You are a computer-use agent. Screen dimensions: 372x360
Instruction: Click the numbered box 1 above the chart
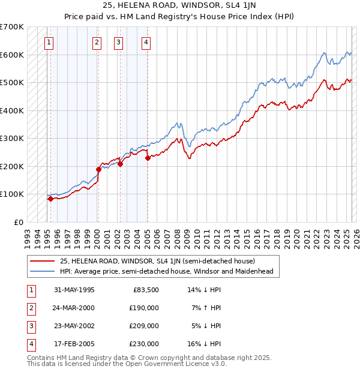pyautogui.click(x=48, y=42)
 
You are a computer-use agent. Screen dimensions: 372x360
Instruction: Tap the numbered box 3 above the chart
pyautogui.click(x=119, y=42)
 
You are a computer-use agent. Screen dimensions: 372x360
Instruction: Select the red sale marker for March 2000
pyautogui.click(x=98, y=169)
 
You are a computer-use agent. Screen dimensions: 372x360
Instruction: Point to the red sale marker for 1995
pyautogui.click(x=50, y=199)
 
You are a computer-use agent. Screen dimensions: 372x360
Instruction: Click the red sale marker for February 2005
pyautogui.click(x=148, y=158)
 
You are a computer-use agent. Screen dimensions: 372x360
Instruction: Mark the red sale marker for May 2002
pyautogui.click(x=120, y=164)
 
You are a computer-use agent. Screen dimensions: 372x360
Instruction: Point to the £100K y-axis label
pyautogui.click(x=11, y=194)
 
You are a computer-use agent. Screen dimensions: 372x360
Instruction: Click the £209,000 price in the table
pyautogui.click(x=144, y=326)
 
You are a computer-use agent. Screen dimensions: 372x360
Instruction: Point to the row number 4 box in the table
pyautogui.click(x=31, y=344)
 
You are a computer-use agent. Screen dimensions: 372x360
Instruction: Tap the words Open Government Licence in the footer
pyautogui.click(x=169, y=364)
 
